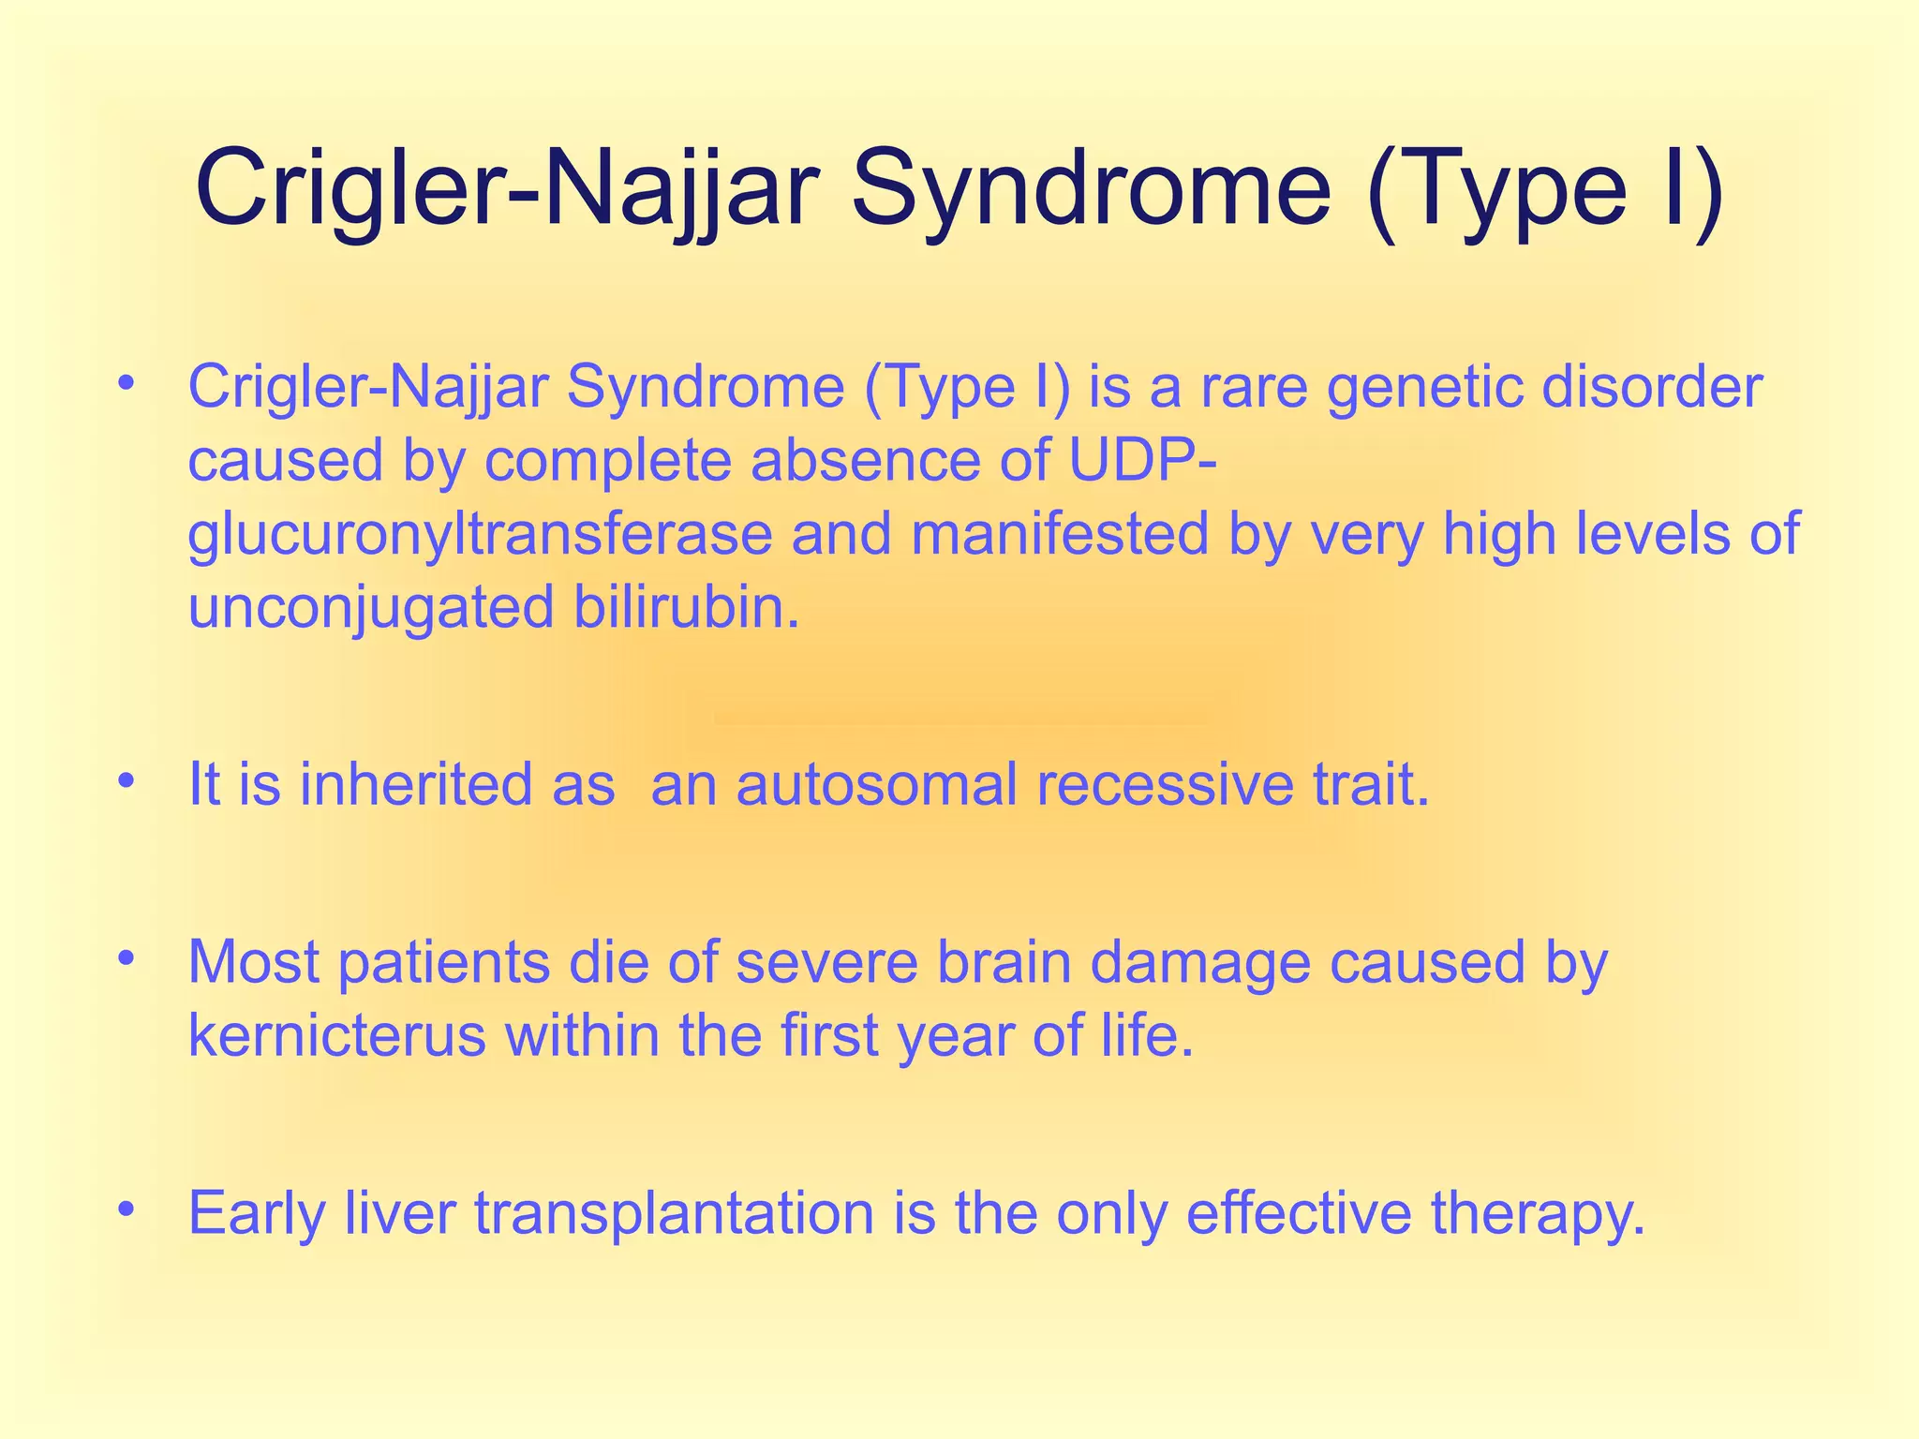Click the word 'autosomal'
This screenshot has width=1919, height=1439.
(x=876, y=784)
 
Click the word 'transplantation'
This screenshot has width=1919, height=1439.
(x=675, y=1213)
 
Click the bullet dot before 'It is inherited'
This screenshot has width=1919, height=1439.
(x=127, y=779)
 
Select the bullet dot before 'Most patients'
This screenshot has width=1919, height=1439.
(x=127, y=957)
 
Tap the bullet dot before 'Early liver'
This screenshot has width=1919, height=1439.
(x=127, y=1209)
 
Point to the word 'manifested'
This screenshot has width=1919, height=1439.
(x=1060, y=535)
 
